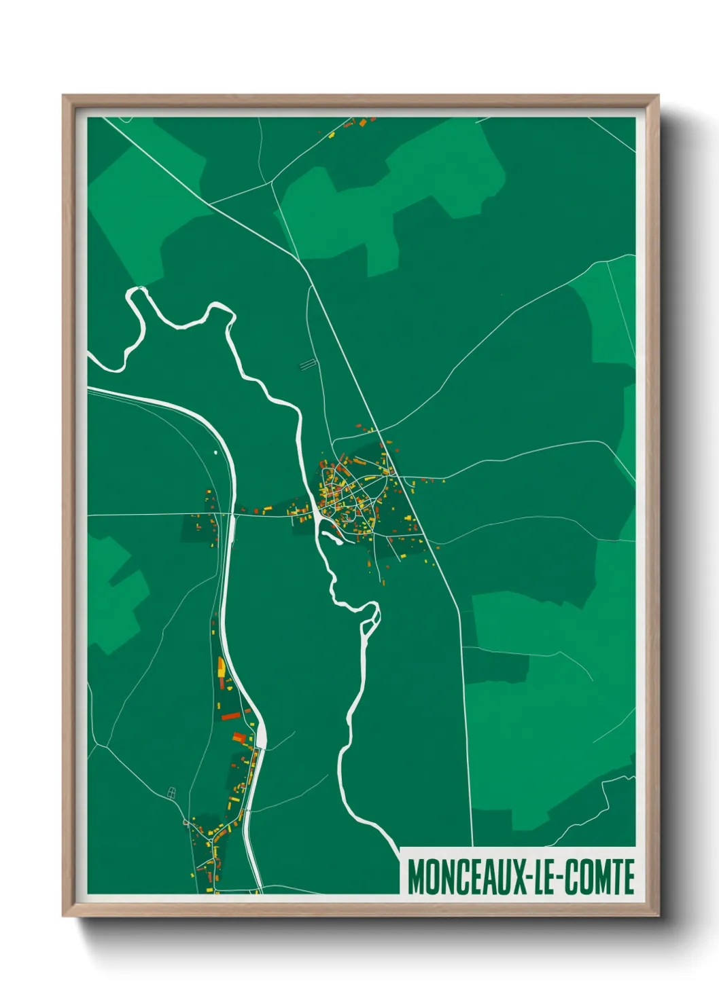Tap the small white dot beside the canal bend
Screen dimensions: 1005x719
tap(215, 451)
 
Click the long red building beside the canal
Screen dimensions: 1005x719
tap(231, 716)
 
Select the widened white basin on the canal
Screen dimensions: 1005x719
tap(261, 735)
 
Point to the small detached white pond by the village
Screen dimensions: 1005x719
tap(332, 538)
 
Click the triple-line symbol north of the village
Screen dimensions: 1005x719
tap(308, 365)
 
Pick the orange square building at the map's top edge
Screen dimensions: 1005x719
tap(362, 124)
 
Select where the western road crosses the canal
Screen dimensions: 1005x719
tap(231, 515)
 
